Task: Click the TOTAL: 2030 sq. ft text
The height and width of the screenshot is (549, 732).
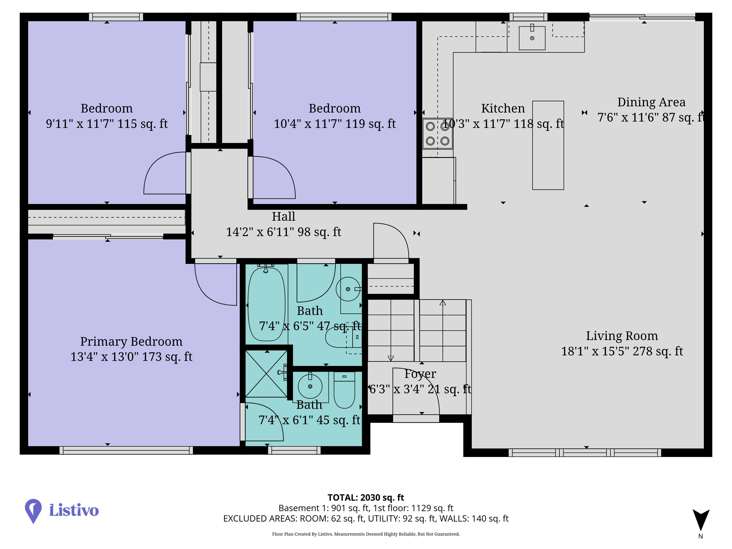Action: click(x=366, y=497)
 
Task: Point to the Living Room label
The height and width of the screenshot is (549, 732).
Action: click(x=622, y=336)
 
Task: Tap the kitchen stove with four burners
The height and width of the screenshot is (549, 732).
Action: click(x=438, y=134)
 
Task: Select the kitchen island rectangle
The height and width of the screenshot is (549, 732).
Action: click(x=548, y=145)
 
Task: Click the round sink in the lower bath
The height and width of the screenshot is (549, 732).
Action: click(x=310, y=386)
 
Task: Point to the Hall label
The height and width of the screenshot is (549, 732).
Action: click(x=284, y=216)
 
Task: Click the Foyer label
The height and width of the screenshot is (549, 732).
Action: click(x=420, y=374)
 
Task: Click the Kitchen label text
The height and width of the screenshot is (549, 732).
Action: click(x=503, y=108)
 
